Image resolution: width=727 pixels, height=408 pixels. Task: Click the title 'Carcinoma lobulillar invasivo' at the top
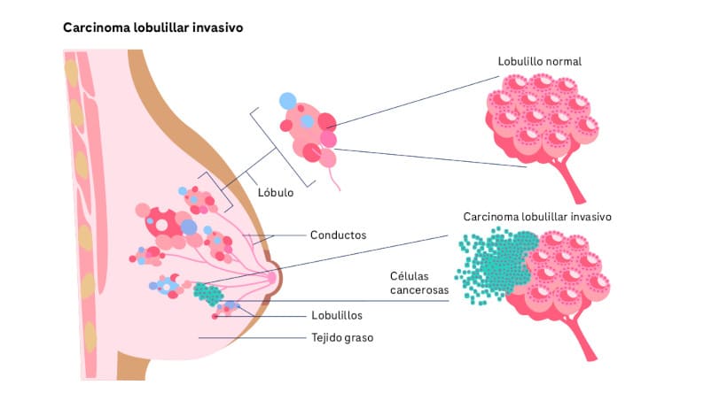pos(152,27)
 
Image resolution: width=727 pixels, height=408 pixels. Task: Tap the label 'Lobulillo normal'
pos(540,61)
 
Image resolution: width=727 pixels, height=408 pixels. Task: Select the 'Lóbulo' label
pos(275,191)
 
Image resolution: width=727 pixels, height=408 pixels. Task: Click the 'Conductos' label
pos(338,235)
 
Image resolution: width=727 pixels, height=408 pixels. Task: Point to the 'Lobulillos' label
pos(336,314)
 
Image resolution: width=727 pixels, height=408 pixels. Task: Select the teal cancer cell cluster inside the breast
pos(209,293)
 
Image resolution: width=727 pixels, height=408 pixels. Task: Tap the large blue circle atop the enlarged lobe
pos(288,102)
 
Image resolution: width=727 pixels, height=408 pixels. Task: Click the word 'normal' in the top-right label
pos(563,61)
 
